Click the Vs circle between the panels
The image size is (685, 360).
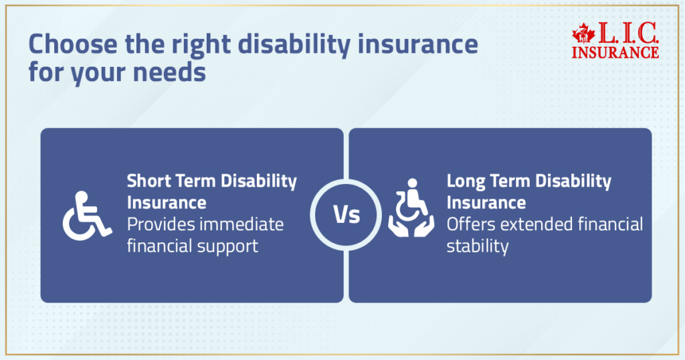point(346,215)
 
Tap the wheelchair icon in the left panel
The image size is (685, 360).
point(87,215)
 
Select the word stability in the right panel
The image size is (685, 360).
point(478,246)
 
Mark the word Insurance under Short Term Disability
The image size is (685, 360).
point(167,202)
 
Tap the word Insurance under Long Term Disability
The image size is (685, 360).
point(486,202)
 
